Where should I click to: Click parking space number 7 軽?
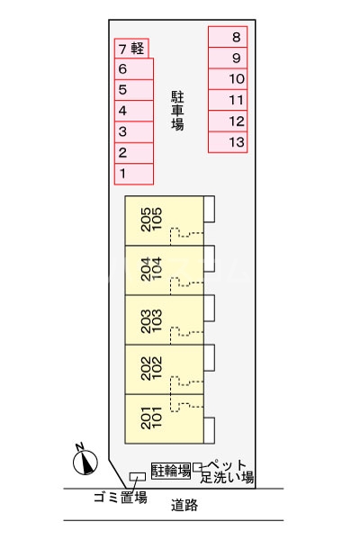[x=131, y=49]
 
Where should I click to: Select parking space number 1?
[x=134, y=173]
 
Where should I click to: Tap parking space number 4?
[x=134, y=111]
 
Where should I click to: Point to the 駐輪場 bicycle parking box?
[x=170, y=470]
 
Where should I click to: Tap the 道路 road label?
[x=184, y=506]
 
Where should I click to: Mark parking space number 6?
[x=134, y=69]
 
